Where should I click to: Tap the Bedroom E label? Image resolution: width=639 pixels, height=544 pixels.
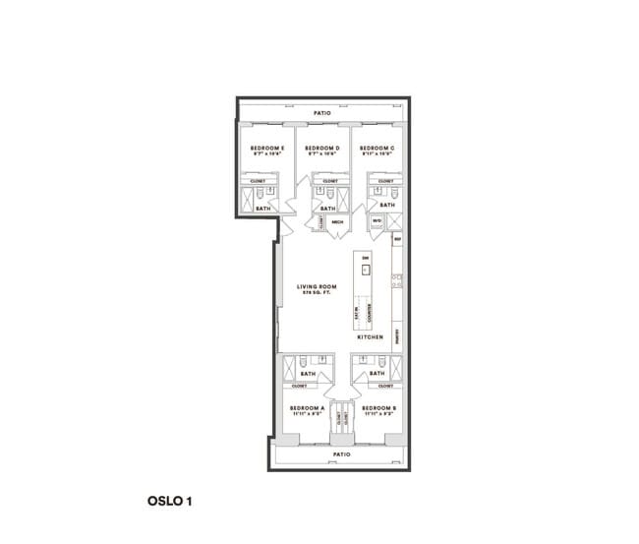267,150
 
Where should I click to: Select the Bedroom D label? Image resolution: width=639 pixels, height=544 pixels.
322,150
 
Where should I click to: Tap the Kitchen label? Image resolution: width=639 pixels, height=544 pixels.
370,336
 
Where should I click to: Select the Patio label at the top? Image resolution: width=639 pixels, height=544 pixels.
321,113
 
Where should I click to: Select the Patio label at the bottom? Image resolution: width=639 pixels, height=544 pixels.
340,454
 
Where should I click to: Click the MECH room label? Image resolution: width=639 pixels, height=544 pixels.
337,222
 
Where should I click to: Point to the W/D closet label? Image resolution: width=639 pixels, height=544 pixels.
376,221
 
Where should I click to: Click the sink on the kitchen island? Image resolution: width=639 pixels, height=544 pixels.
365,271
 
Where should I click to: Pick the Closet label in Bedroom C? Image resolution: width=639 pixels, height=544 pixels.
385,181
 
